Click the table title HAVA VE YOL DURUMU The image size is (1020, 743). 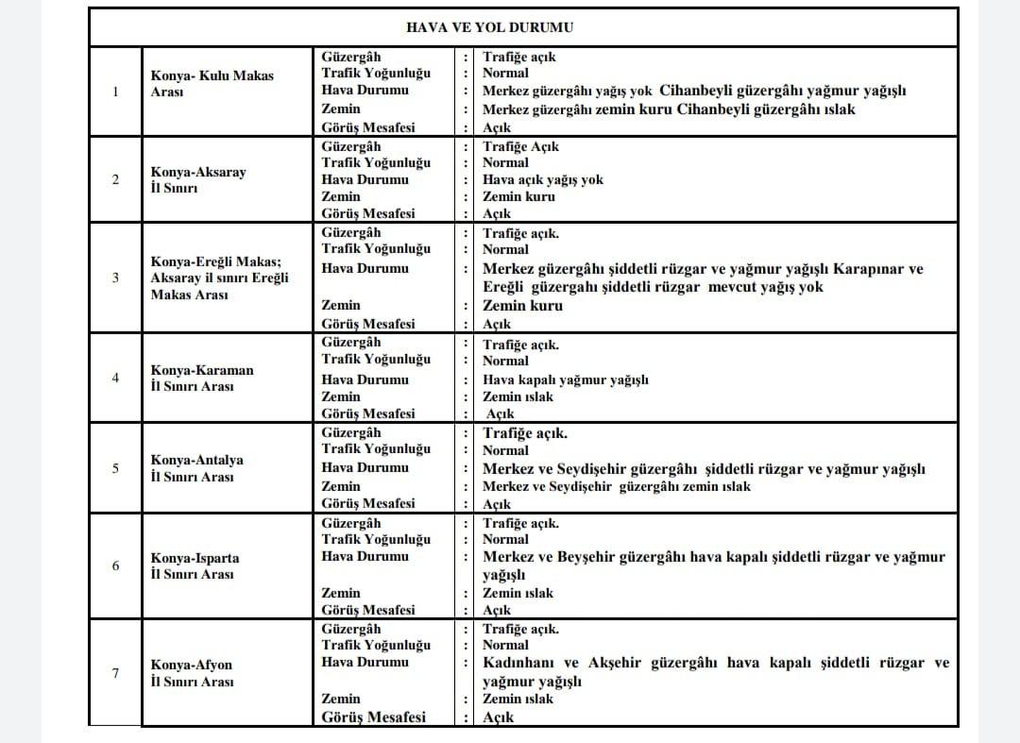(x=489, y=27)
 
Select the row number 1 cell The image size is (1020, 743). (x=115, y=92)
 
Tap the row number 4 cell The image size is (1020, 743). (x=115, y=378)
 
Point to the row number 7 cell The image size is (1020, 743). (x=115, y=673)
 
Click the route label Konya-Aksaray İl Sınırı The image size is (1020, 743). (x=197, y=179)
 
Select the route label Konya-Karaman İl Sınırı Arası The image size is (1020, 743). (x=202, y=378)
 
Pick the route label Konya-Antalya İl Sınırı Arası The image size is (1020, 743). (x=196, y=468)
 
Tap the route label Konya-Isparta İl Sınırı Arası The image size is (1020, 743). (x=195, y=566)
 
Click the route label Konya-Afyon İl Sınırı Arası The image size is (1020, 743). (x=192, y=673)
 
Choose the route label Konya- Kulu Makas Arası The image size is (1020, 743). (x=212, y=83)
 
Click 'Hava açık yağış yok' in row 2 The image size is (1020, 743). (x=542, y=179)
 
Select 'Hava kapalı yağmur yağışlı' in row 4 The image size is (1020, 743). (x=565, y=380)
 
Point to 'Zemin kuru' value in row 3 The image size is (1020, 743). (x=522, y=306)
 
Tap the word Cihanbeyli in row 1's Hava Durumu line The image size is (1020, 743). (x=698, y=91)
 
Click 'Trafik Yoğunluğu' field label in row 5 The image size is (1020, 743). (x=375, y=449)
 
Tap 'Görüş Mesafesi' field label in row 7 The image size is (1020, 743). (x=373, y=717)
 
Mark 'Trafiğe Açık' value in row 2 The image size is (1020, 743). (x=520, y=146)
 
